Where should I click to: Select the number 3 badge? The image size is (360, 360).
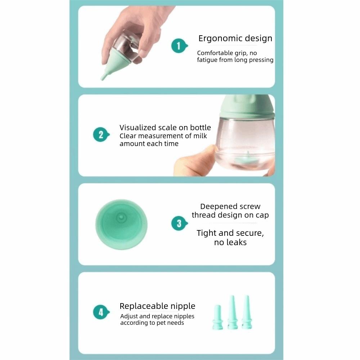(179, 224)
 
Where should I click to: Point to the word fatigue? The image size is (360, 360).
(208, 60)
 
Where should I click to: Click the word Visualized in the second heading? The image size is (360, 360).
(138, 127)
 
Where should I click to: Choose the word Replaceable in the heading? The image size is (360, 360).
(141, 306)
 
